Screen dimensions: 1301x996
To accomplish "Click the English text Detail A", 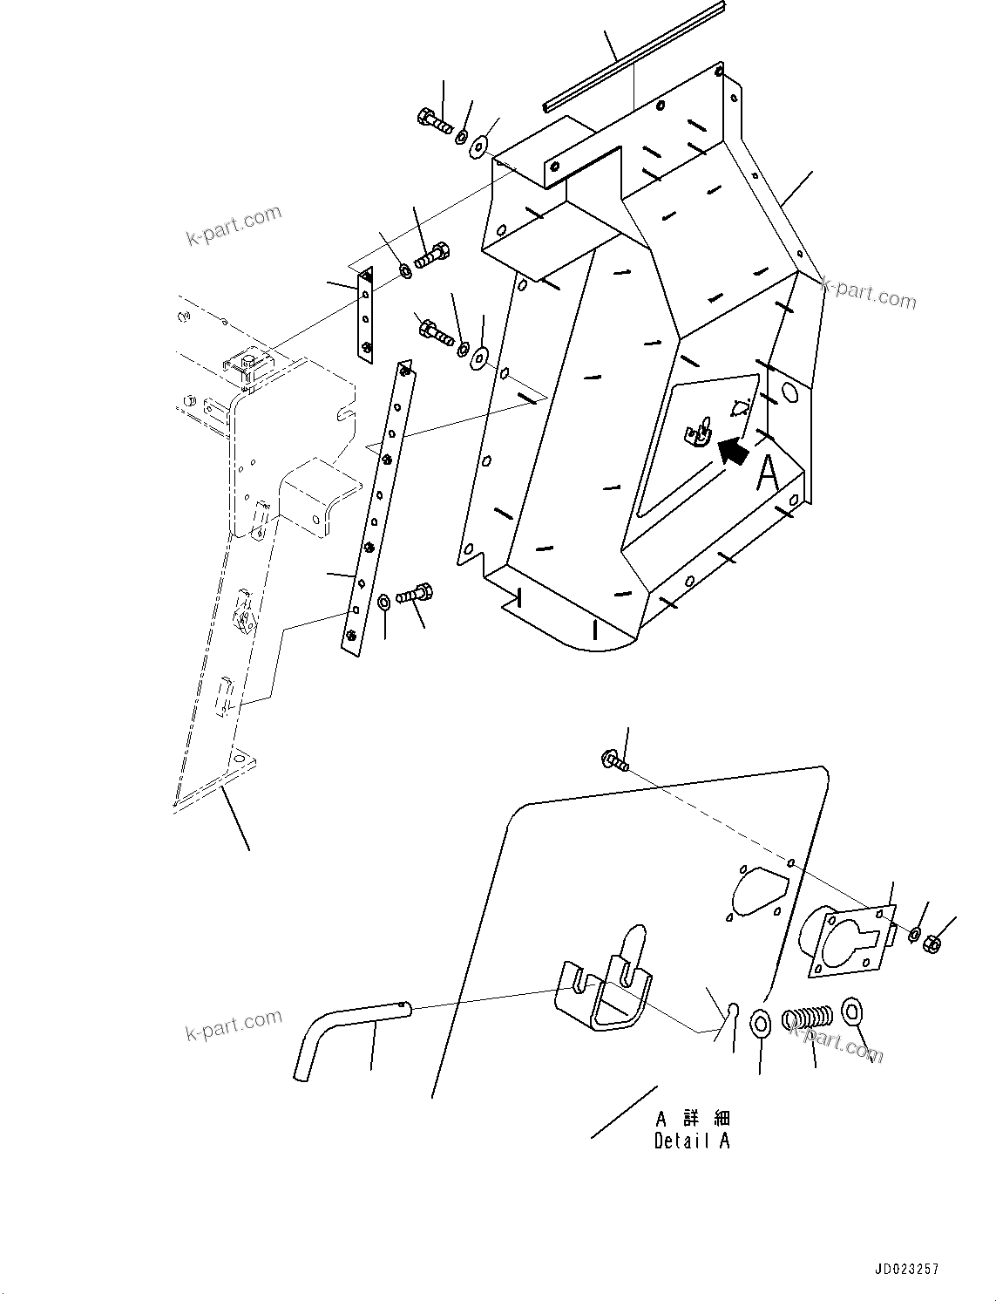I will [x=692, y=1141].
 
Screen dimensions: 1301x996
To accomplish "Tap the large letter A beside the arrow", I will [x=768, y=473].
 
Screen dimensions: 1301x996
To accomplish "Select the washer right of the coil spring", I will [x=852, y=1014].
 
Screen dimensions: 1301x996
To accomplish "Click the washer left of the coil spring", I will [x=760, y=1021].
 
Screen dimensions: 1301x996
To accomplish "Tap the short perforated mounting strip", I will [x=365, y=315].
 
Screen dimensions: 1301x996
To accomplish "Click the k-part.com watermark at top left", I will [x=234, y=225].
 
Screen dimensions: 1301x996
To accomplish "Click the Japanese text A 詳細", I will [x=693, y=1119].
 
